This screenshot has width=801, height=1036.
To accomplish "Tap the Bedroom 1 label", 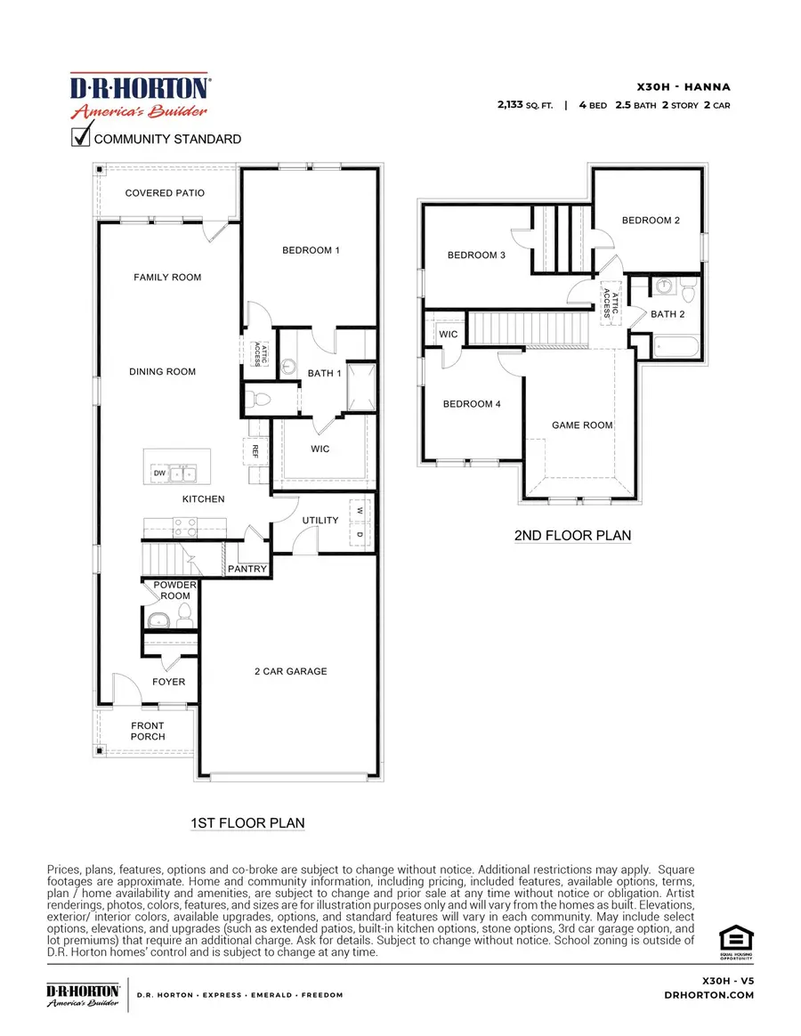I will tap(311, 251).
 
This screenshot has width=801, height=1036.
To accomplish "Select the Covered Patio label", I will tap(165, 193).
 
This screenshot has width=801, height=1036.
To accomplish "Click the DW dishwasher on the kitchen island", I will tap(160, 473).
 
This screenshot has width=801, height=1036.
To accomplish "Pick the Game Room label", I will tap(582, 425).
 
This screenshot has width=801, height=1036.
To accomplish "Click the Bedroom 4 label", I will tap(472, 404).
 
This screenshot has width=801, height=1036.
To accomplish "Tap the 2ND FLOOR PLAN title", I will tap(571, 536).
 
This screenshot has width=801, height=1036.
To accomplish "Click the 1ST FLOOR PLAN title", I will tap(247, 823).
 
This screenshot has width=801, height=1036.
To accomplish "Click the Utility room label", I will tap(320, 520).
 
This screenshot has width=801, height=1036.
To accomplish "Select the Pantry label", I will tap(247, 568).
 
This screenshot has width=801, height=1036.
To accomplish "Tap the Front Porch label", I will tap(148, 731).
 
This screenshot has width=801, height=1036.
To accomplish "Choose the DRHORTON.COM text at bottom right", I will tap(709, 995).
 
